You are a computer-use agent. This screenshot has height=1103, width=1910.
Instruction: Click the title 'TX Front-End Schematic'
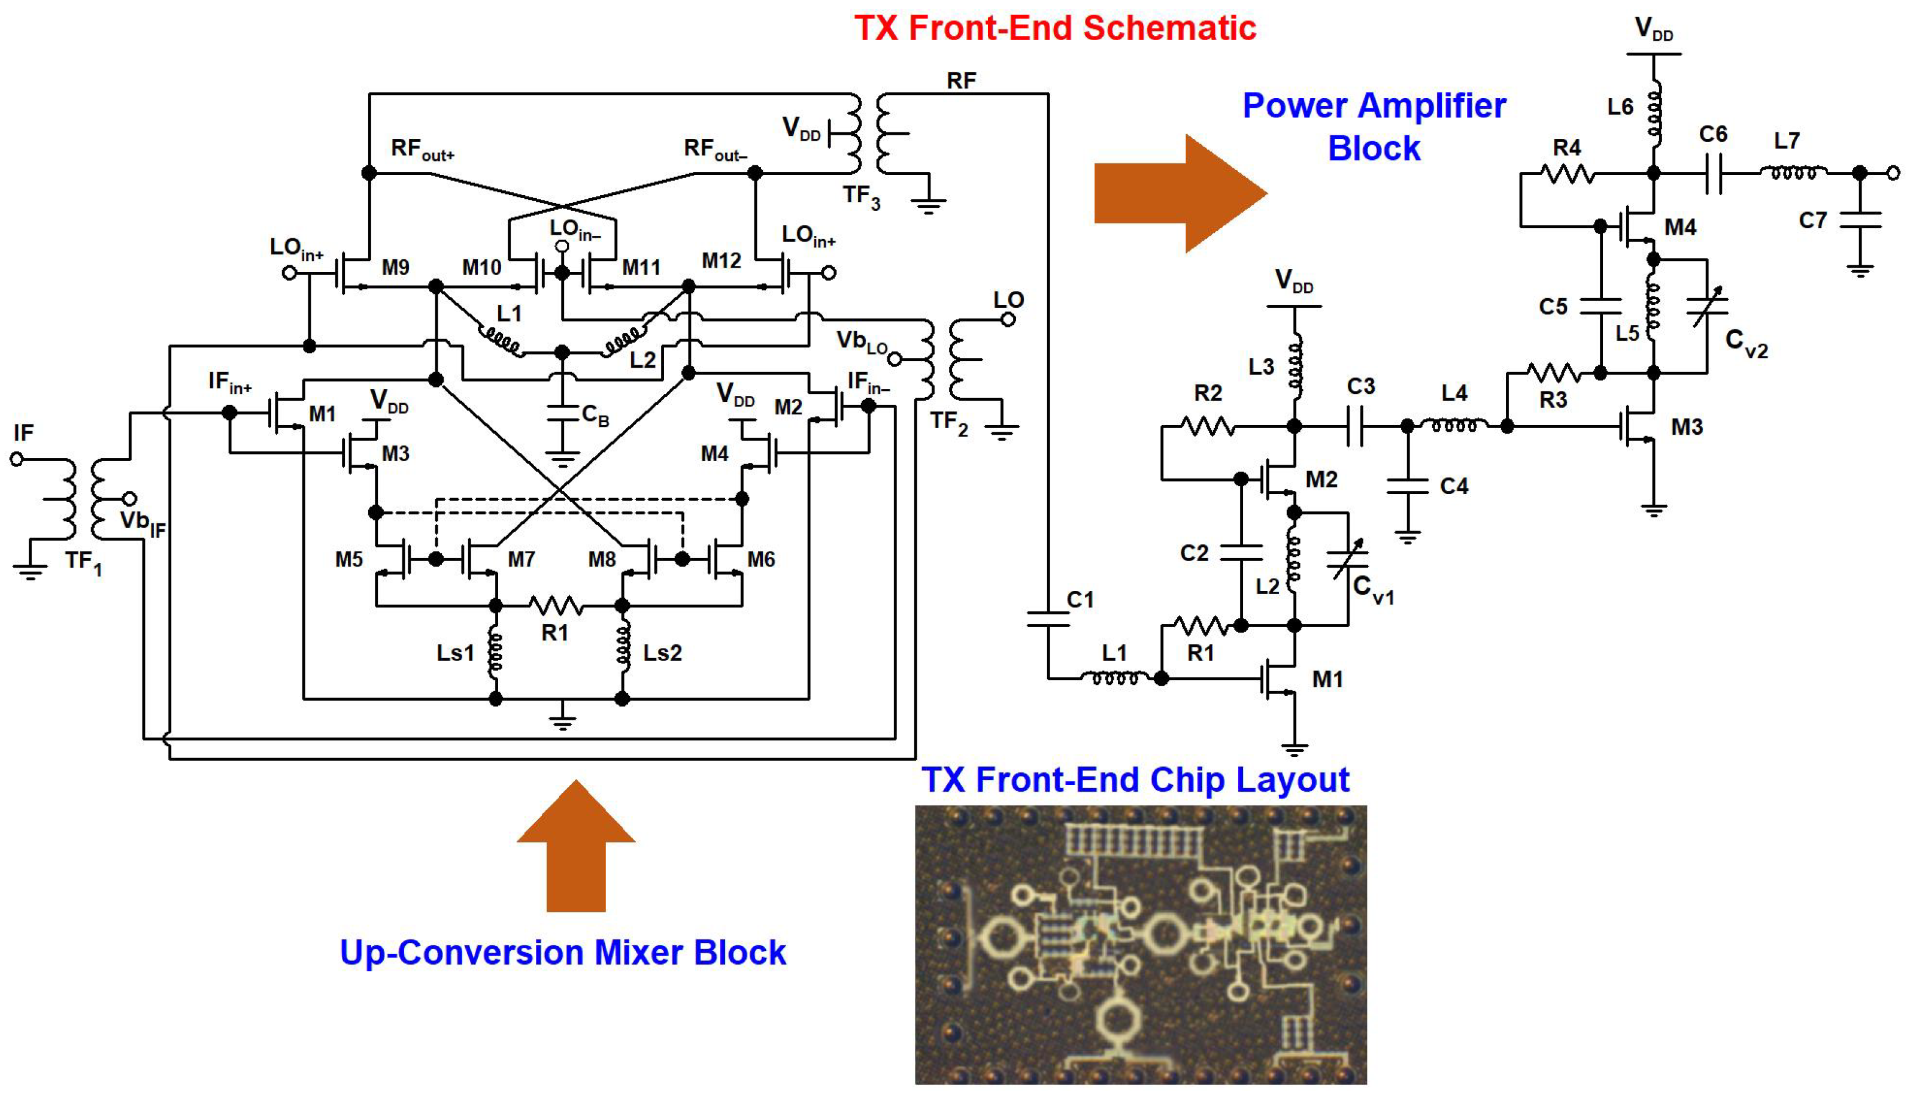coord(1055,28)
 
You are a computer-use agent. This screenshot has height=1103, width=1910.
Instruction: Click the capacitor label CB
coord(595,415)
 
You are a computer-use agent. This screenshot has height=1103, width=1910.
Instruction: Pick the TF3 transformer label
coord(862,197)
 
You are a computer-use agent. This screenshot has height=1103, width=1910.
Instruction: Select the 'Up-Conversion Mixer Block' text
coord(563,952)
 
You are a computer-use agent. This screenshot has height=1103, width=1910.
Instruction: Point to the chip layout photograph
coord(1141,945)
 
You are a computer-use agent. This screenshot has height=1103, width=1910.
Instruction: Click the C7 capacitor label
coord(1813,220)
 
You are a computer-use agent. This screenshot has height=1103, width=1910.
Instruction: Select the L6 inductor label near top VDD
coord(1620,107)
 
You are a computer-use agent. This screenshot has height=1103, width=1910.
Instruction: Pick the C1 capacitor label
coord(1080,599)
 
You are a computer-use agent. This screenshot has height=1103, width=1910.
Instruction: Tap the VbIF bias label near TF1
coord(143,523)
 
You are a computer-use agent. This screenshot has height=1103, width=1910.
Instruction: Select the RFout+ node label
coord(422,149)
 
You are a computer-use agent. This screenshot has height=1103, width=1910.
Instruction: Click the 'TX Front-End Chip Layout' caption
coord(1135,780)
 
